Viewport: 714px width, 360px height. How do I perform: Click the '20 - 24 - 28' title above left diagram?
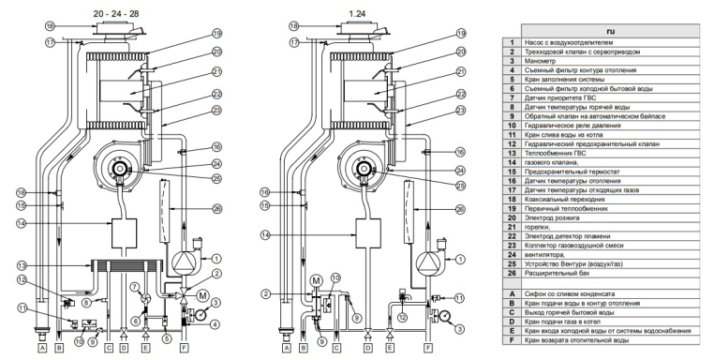click(116, 14)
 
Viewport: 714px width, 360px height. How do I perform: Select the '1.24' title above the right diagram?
click(357, 14)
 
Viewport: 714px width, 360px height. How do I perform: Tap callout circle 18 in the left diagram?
click(50, 26)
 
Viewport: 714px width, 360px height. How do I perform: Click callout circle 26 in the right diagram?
click(460, 209)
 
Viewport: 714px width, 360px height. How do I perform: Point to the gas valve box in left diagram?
click(125, 232)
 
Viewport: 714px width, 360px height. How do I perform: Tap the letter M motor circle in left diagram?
click(202, 296)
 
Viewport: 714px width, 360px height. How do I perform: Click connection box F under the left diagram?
click(184, 349)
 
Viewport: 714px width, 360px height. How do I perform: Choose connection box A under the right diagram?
click(287, 349)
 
